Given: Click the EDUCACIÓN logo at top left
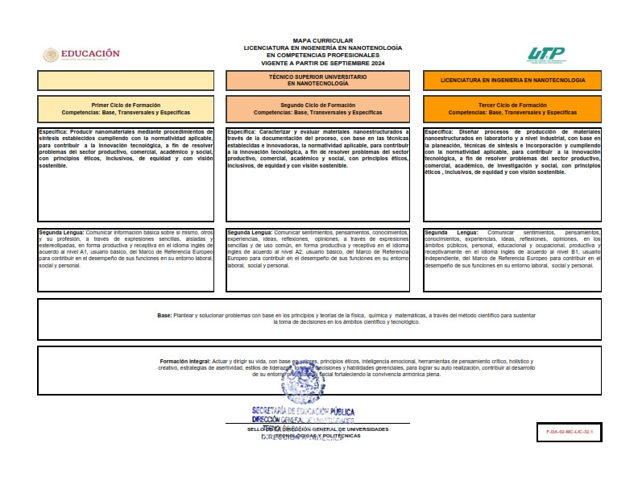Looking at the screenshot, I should pyautogui.click(x=81, y=55).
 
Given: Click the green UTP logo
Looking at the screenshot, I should pyautogui.click(x=546, y=54).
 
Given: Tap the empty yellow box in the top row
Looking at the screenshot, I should pyautogui.click(x=126, y=81).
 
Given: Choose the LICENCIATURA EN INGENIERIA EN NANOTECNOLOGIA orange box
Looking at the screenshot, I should pyautogui.click(x=512, y=81).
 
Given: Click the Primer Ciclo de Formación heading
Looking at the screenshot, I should pyautogui.click(x=126, y=105).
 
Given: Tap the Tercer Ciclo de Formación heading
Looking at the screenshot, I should pyautogui.click(x=512, y=105).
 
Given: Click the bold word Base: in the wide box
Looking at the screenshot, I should pyautogui.click(x=164, y=315).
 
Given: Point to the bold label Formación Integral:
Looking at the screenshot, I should pyautogui.click(x=185, y=362).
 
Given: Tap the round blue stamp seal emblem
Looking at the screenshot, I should pyautogui.click(x=302, y=383).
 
